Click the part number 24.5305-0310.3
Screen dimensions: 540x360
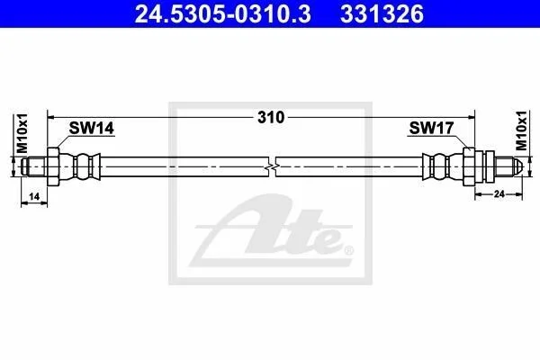click(x=222, y=14)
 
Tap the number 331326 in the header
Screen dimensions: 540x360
click(x=382, y=14)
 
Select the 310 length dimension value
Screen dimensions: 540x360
click(x=271, y=118)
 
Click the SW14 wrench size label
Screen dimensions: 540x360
click(x=91, y=129)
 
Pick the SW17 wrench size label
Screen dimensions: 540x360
click(x=431, y=128)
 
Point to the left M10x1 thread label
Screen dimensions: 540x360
click(x=22, y=133)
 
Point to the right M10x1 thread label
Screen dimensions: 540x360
click(x=521, y=130)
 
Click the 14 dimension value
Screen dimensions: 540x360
click(x=34, y=197)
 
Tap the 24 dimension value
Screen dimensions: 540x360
click(x=499, y=194)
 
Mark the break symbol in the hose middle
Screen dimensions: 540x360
click(x=272, y=166)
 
